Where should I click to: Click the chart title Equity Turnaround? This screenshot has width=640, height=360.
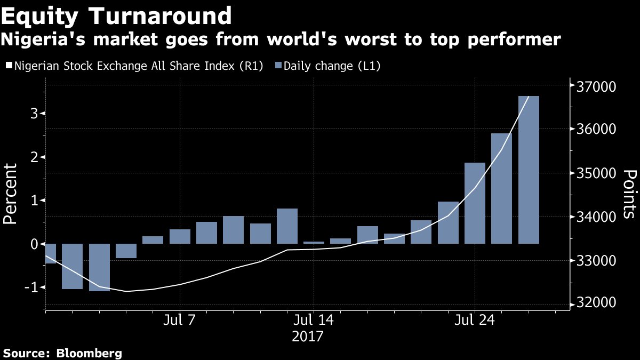[x=116, y=16]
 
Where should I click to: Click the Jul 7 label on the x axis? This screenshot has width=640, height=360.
[x=180, y=321]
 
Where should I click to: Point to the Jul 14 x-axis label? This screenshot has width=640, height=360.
[x=314, y=321]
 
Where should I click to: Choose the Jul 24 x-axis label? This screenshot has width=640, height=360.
[x=475, y=321]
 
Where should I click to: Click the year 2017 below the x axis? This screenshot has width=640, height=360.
[x=308, y=337]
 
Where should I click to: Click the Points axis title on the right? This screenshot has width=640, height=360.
[x=630, y=194]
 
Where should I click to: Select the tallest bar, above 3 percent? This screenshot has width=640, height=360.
[x=529, y=170]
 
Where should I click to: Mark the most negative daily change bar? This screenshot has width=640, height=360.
[x=99, y=267]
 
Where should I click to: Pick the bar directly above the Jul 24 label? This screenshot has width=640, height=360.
[x=475, y=203]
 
